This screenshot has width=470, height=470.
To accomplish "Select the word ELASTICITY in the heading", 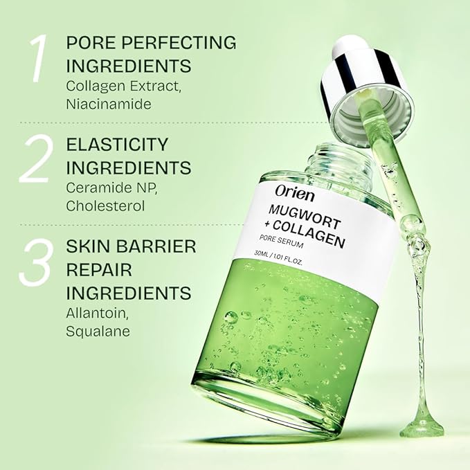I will [117, 145].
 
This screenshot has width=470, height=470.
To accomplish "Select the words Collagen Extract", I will [120, 86].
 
